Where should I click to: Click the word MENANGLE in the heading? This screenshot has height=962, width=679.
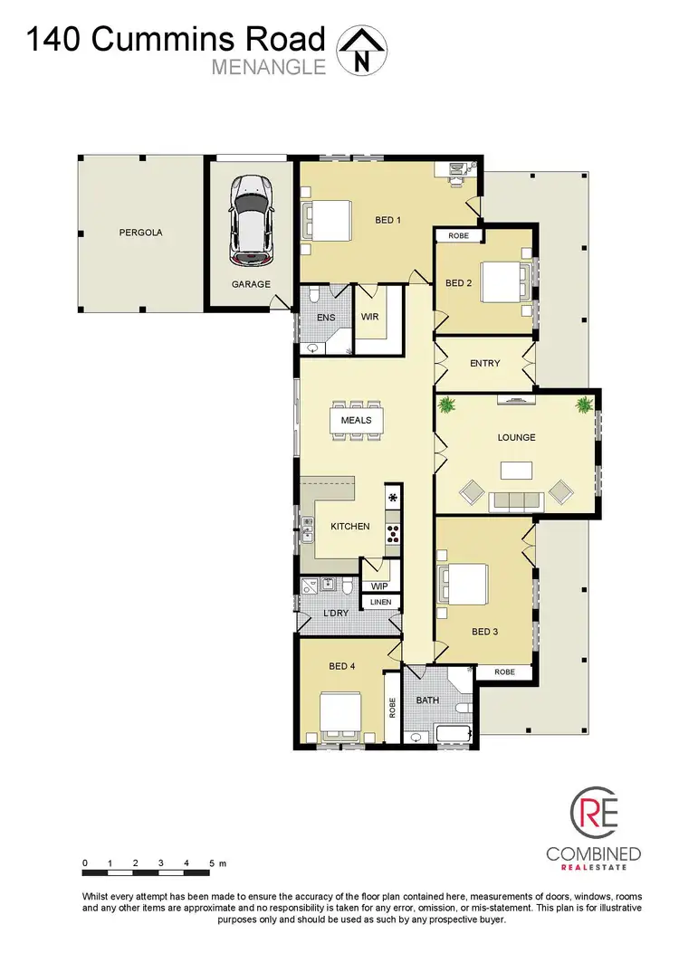[269, 66]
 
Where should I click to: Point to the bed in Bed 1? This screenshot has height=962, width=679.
[327, 221]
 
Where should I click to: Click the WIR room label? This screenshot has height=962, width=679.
[369, 317]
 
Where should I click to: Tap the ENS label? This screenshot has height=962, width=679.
[326, 318]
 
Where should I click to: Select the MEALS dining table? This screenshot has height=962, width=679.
[357, 421]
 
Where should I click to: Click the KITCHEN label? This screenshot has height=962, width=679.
[349, 526]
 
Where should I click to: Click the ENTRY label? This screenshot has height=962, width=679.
[485, 364]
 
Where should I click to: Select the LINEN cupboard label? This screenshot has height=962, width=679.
[380, 602]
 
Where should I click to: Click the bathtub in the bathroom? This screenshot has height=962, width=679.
[453, 735]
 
